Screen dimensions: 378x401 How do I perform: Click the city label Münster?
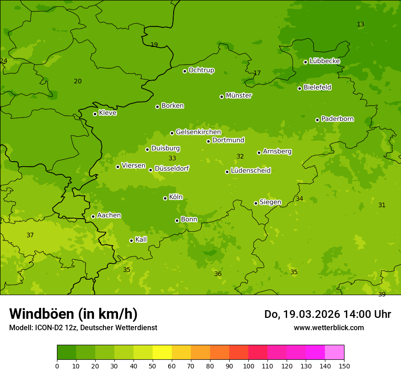pyautogui.click(x=238, y=96)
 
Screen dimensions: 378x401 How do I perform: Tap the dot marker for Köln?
pyautogui.click(x=165, y=198)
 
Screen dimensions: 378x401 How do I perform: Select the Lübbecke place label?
pyautogui.click(x=324, y=61)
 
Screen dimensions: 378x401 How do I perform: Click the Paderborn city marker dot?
pyautogui.click(x=317, y=120)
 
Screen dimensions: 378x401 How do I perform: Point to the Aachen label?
pyautogui.click(x=109, y=215)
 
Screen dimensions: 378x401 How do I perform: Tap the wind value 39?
pyautogui.click(x=382, y=294)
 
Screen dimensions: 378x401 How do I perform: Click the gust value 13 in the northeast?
pyautogui.click(x=360, y=24)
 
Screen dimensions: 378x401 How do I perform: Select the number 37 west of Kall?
pyautogui.click(x=30, y=235)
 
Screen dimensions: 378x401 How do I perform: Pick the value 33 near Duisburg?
pyautogui.click(x=172, y=158)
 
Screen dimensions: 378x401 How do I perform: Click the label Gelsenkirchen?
pyautogui.click(x=198, y=132)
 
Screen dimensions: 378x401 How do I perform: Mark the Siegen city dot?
pyautogui.click(x=256, y=203)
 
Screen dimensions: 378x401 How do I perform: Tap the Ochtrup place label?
pyautogui.click(x=201, y=70)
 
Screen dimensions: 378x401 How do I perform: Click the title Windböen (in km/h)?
pyautogui.click(x=73, y=314)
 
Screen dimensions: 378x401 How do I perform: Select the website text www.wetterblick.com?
pyautogui.click(x=329, y=327)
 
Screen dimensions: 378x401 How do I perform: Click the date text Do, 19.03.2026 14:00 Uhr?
pyautogui.click(x=327, y=314)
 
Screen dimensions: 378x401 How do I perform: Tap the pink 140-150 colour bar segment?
pyautogui.click(x=334, y=352)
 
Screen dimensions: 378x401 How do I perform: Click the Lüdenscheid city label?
pyautogui.click(x=251, y=171)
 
